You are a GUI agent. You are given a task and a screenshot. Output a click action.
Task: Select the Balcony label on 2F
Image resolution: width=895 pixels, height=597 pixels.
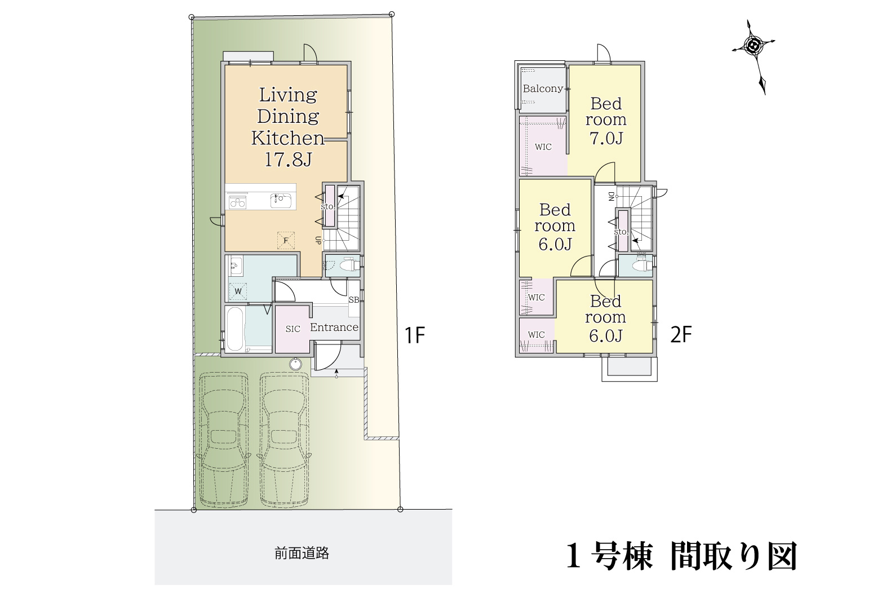click(542, 89)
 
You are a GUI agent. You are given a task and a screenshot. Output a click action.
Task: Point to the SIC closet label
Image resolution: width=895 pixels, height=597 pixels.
click(293, 329)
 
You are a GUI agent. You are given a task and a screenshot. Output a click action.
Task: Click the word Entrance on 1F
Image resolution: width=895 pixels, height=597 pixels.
click(334, 328)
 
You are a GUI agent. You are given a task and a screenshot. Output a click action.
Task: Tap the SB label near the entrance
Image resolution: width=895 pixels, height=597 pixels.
click(353, 300)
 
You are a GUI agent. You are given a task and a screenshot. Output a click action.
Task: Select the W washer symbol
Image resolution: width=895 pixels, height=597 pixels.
click(238, 291)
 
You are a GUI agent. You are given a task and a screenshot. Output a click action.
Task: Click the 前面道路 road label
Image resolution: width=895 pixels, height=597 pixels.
click(302, 554)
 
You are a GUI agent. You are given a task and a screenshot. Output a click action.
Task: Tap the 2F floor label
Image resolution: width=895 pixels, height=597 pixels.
click(680, 336)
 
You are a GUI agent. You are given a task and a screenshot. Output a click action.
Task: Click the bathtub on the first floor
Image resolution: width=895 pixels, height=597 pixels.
click(235, 329)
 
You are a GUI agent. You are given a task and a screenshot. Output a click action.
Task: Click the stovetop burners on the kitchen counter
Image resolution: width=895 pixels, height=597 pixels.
click(237, 201)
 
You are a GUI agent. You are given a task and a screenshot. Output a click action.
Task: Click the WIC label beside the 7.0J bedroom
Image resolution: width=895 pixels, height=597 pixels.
click(543, 147)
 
